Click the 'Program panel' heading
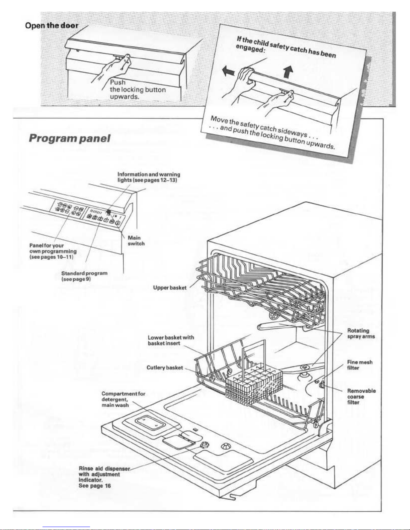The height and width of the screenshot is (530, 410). click(70, 138)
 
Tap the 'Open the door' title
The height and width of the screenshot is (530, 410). click(52, 25)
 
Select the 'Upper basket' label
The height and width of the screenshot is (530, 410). click(170, 288)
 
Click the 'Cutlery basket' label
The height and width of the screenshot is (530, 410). click(165, 368)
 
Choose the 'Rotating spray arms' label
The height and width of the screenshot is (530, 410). click(361, 333)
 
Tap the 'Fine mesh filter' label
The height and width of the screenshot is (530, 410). click(359, 365)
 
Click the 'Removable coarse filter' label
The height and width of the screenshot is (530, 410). click(361, 396)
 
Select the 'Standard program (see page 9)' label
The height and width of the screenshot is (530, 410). click(84, 276)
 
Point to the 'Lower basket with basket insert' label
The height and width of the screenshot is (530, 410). click(171, 340)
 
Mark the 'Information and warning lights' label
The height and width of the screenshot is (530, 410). click(149, 177)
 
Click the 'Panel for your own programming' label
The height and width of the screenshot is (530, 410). click(53, 251)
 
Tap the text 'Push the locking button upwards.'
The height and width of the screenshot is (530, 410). click(138, 89)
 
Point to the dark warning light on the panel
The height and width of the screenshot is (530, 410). click(109, 212)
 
